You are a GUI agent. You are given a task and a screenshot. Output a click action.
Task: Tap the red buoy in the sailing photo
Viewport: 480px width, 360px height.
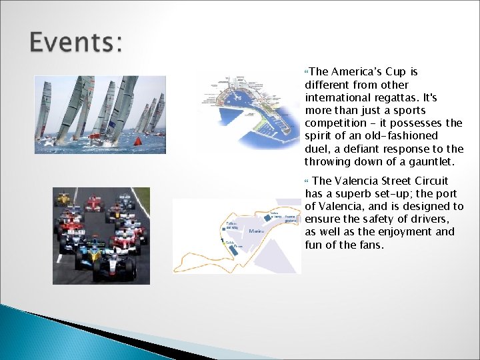[x=138, y=141]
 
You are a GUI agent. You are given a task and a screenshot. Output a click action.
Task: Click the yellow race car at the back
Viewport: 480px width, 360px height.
[x=64, y=198]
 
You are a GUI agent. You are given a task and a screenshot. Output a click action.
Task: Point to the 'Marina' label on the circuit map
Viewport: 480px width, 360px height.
[x=257, y=231]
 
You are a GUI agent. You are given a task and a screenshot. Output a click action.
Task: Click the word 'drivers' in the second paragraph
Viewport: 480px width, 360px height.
[x=432, y=219]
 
